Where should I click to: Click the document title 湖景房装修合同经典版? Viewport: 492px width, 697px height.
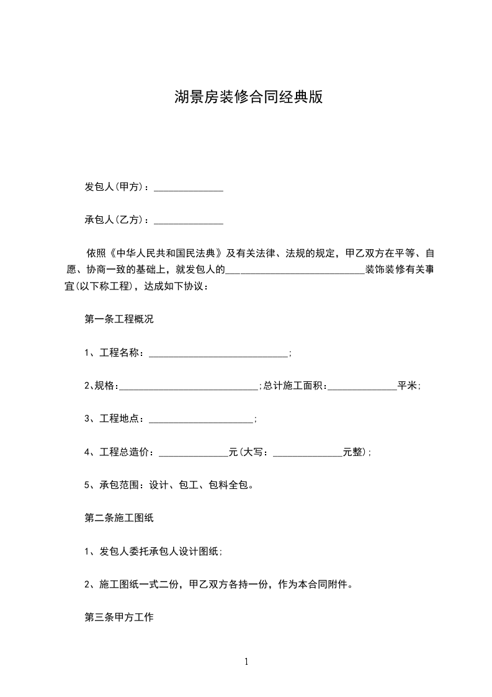pyautogui.click(x=249, y=98)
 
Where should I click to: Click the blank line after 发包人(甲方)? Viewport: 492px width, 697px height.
pyautogui.click(x=188, y=188)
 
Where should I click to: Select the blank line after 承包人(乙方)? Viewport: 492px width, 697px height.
pyautogui.click(x=188, y=221)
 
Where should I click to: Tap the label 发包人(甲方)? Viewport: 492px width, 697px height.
pyautogui.click(x=115, y=187)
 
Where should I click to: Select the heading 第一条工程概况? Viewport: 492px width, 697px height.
pyautogui.click(x=119, y=320)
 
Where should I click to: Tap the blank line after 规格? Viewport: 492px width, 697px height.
pyautogui.click(x=188, y=387)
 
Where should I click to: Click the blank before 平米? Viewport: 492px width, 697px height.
pyautogui.click(x=362, y=387)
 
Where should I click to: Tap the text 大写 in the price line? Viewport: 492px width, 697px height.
pyautogui.click(x=254, y=452)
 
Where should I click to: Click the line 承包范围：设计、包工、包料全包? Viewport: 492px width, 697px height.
pyautogui.click(x=168, y=485)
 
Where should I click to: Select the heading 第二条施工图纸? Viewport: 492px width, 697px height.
pyautogui.click(x=119, y=517)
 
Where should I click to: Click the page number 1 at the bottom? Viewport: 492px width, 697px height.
pyautogui.click(x=246, y=662)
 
